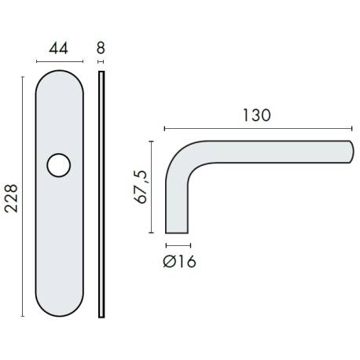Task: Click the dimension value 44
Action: coord(58,48)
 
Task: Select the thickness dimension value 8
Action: coord(101,48)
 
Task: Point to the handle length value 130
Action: coord(256,115)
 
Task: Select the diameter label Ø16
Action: coord(179,260)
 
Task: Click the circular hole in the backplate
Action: coord(58,165)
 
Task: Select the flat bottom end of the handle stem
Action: coord(178,232)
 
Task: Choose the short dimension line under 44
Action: coord(58,61)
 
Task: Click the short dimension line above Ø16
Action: coord(178,244)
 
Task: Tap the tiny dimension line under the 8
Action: coord(101,61)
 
